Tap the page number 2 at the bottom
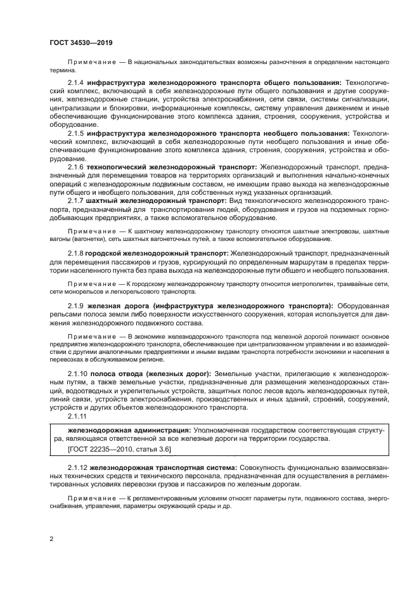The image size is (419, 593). click(52, 540)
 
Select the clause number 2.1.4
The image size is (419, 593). click(77, 82)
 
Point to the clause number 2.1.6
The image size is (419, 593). click(77, 166)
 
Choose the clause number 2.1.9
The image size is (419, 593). click(77, 305)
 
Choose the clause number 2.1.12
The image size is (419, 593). click(78, 467)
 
